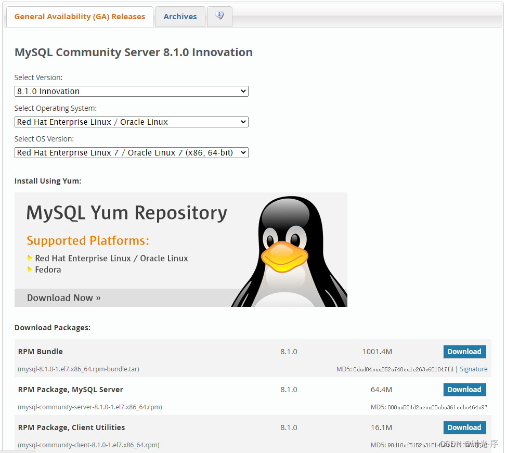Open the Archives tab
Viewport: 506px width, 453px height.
180,17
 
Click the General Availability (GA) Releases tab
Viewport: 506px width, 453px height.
80,17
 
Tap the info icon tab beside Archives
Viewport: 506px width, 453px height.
219,16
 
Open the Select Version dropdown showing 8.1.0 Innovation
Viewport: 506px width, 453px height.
132,92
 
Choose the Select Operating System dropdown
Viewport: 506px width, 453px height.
132,122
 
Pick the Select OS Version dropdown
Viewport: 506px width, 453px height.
132,153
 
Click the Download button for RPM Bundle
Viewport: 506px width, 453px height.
464,352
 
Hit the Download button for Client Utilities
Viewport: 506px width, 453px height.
464,428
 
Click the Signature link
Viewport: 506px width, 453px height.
473,369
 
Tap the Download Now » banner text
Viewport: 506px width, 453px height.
64,298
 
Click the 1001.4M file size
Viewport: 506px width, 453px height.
377,352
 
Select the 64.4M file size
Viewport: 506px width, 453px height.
381,390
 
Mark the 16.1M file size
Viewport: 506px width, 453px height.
381,428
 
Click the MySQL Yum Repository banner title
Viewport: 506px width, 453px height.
127,213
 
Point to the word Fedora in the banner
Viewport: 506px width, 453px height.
48,270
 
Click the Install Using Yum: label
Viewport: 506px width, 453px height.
48,181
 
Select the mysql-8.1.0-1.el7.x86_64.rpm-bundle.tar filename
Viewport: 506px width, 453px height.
79,369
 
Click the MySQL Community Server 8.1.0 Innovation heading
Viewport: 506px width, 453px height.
134,53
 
